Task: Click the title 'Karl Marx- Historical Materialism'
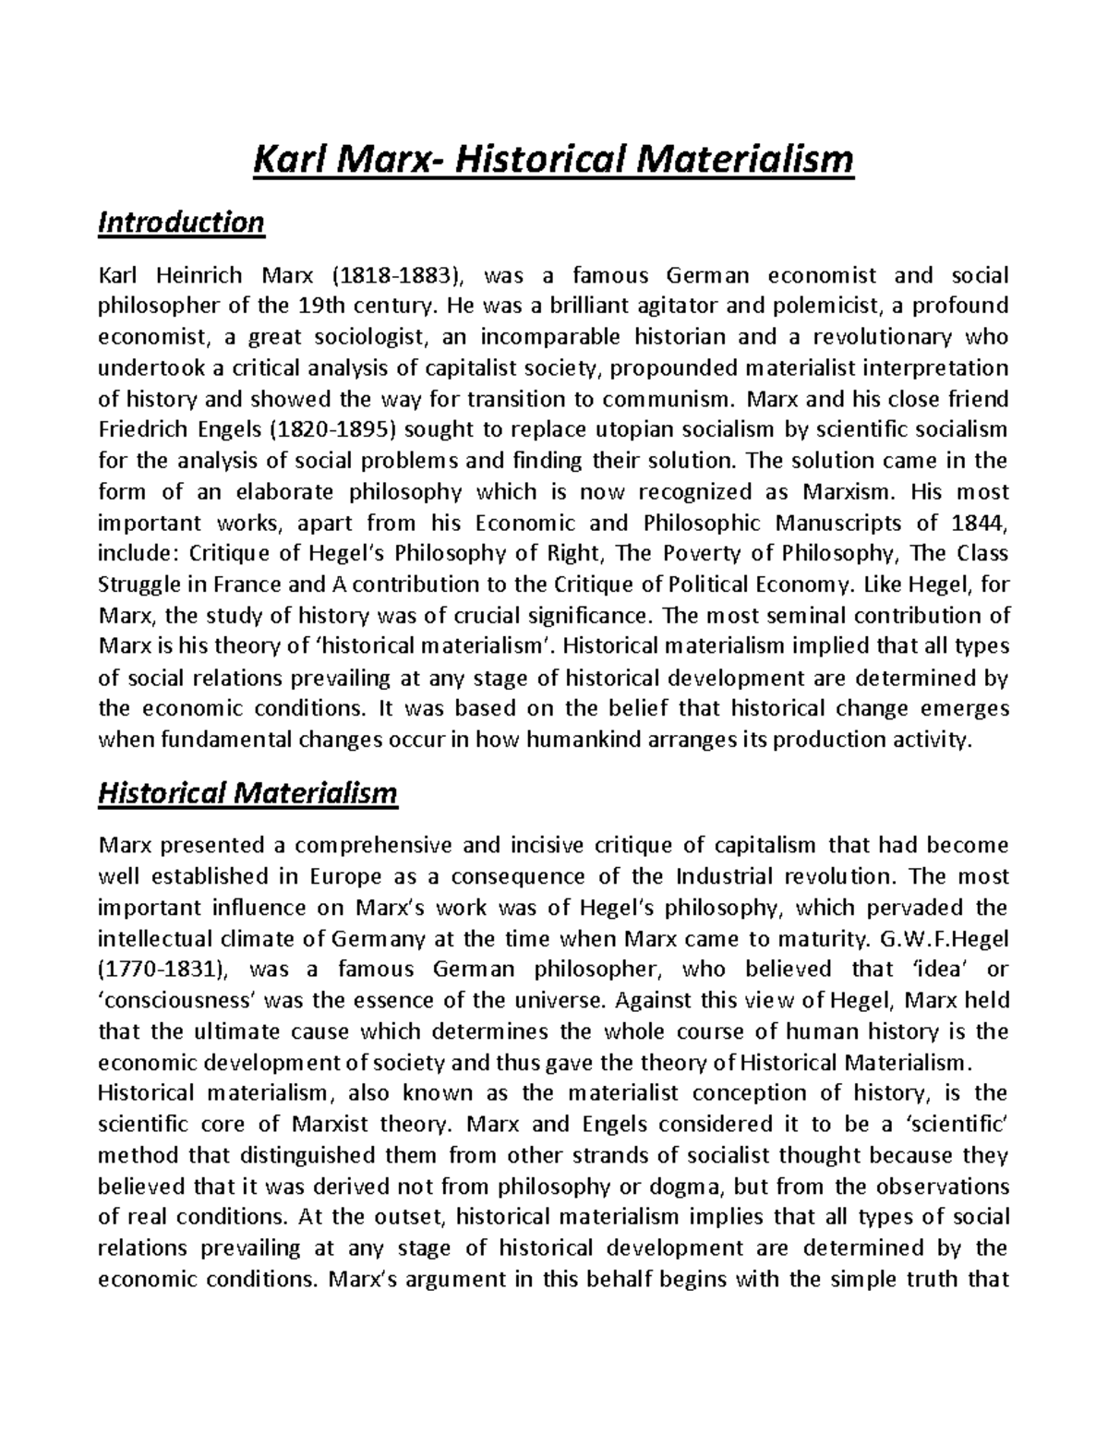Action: click(x=554, y=160)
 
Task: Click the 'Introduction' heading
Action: click(x=181, y=223)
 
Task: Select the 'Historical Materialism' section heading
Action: click(x=247, y=793)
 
